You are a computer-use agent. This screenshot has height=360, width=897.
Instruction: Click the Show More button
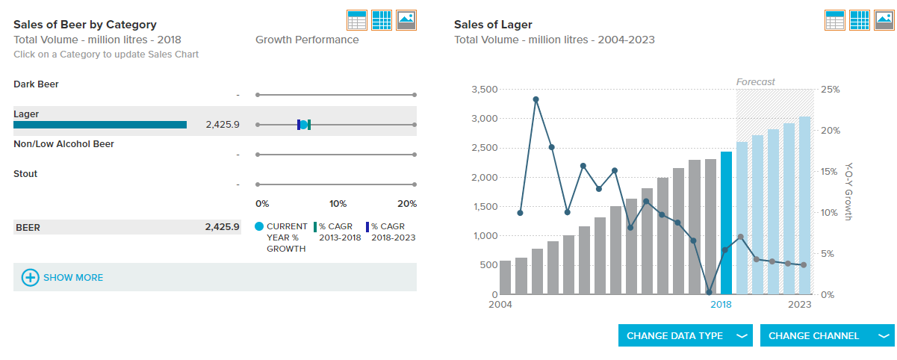coord(63,278)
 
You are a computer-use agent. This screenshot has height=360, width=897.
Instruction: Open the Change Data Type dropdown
coord(685,335)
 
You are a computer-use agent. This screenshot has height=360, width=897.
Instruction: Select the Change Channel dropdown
coord(828,335)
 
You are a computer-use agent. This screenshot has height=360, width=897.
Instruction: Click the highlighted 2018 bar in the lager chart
coord(726,223)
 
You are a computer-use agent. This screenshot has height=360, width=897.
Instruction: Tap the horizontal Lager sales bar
coord(100,125)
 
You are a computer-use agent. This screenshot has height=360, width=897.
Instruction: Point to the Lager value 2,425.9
coord(223,125)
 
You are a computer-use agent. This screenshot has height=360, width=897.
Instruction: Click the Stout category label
coord(25,174)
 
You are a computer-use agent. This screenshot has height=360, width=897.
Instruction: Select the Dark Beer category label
coord(36,84)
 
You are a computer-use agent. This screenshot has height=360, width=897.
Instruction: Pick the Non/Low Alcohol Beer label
coord(63,143)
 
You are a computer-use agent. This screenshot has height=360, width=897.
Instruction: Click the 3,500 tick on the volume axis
coord(485,90)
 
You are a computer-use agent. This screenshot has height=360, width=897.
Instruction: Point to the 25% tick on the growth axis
coord(830,90)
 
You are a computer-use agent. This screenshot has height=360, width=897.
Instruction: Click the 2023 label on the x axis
coord(799,304)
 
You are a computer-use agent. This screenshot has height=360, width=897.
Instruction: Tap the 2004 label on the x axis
coord(500,304)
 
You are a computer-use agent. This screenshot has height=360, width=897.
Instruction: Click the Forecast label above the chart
coord(755,81)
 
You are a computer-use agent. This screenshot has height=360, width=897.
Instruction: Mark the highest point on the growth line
coord(536,99)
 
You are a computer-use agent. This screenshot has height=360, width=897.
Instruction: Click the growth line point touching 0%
coord(710,292)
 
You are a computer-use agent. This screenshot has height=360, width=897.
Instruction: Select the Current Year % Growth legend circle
coord(259,226)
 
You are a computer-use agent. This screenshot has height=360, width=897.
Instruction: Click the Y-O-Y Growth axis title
coord(848,191)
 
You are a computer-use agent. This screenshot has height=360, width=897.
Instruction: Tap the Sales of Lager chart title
coord(493,25)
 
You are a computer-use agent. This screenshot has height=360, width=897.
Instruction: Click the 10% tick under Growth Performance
coord(338,203)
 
